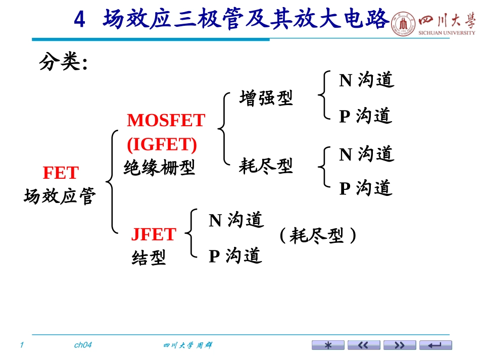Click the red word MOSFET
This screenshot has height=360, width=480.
point(166,120)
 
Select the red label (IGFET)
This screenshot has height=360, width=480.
point(162,144)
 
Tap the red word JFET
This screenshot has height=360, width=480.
point(154,234)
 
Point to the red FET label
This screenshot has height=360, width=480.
point(61,173)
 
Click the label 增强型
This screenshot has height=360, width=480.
point(266,98)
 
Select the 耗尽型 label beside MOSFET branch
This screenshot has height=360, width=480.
point(266,166)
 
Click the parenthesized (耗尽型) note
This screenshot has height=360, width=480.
point(318,235)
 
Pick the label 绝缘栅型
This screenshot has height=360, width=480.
point(159,168)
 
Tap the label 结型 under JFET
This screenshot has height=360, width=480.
point(149,257)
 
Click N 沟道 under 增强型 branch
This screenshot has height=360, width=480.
point(367,80)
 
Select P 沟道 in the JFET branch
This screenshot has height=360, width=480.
point(235,255)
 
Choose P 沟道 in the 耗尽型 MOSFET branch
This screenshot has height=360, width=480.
point(366,188)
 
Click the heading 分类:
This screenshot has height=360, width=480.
point(63,62)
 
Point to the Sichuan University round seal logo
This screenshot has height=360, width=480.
point(404,24)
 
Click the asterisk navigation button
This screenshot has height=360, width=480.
point(328,345)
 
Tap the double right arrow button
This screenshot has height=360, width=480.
point(400,345)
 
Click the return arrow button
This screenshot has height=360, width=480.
point(436,345)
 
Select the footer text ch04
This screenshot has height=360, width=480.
point(83,345)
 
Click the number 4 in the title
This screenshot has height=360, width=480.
point(79,19)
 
